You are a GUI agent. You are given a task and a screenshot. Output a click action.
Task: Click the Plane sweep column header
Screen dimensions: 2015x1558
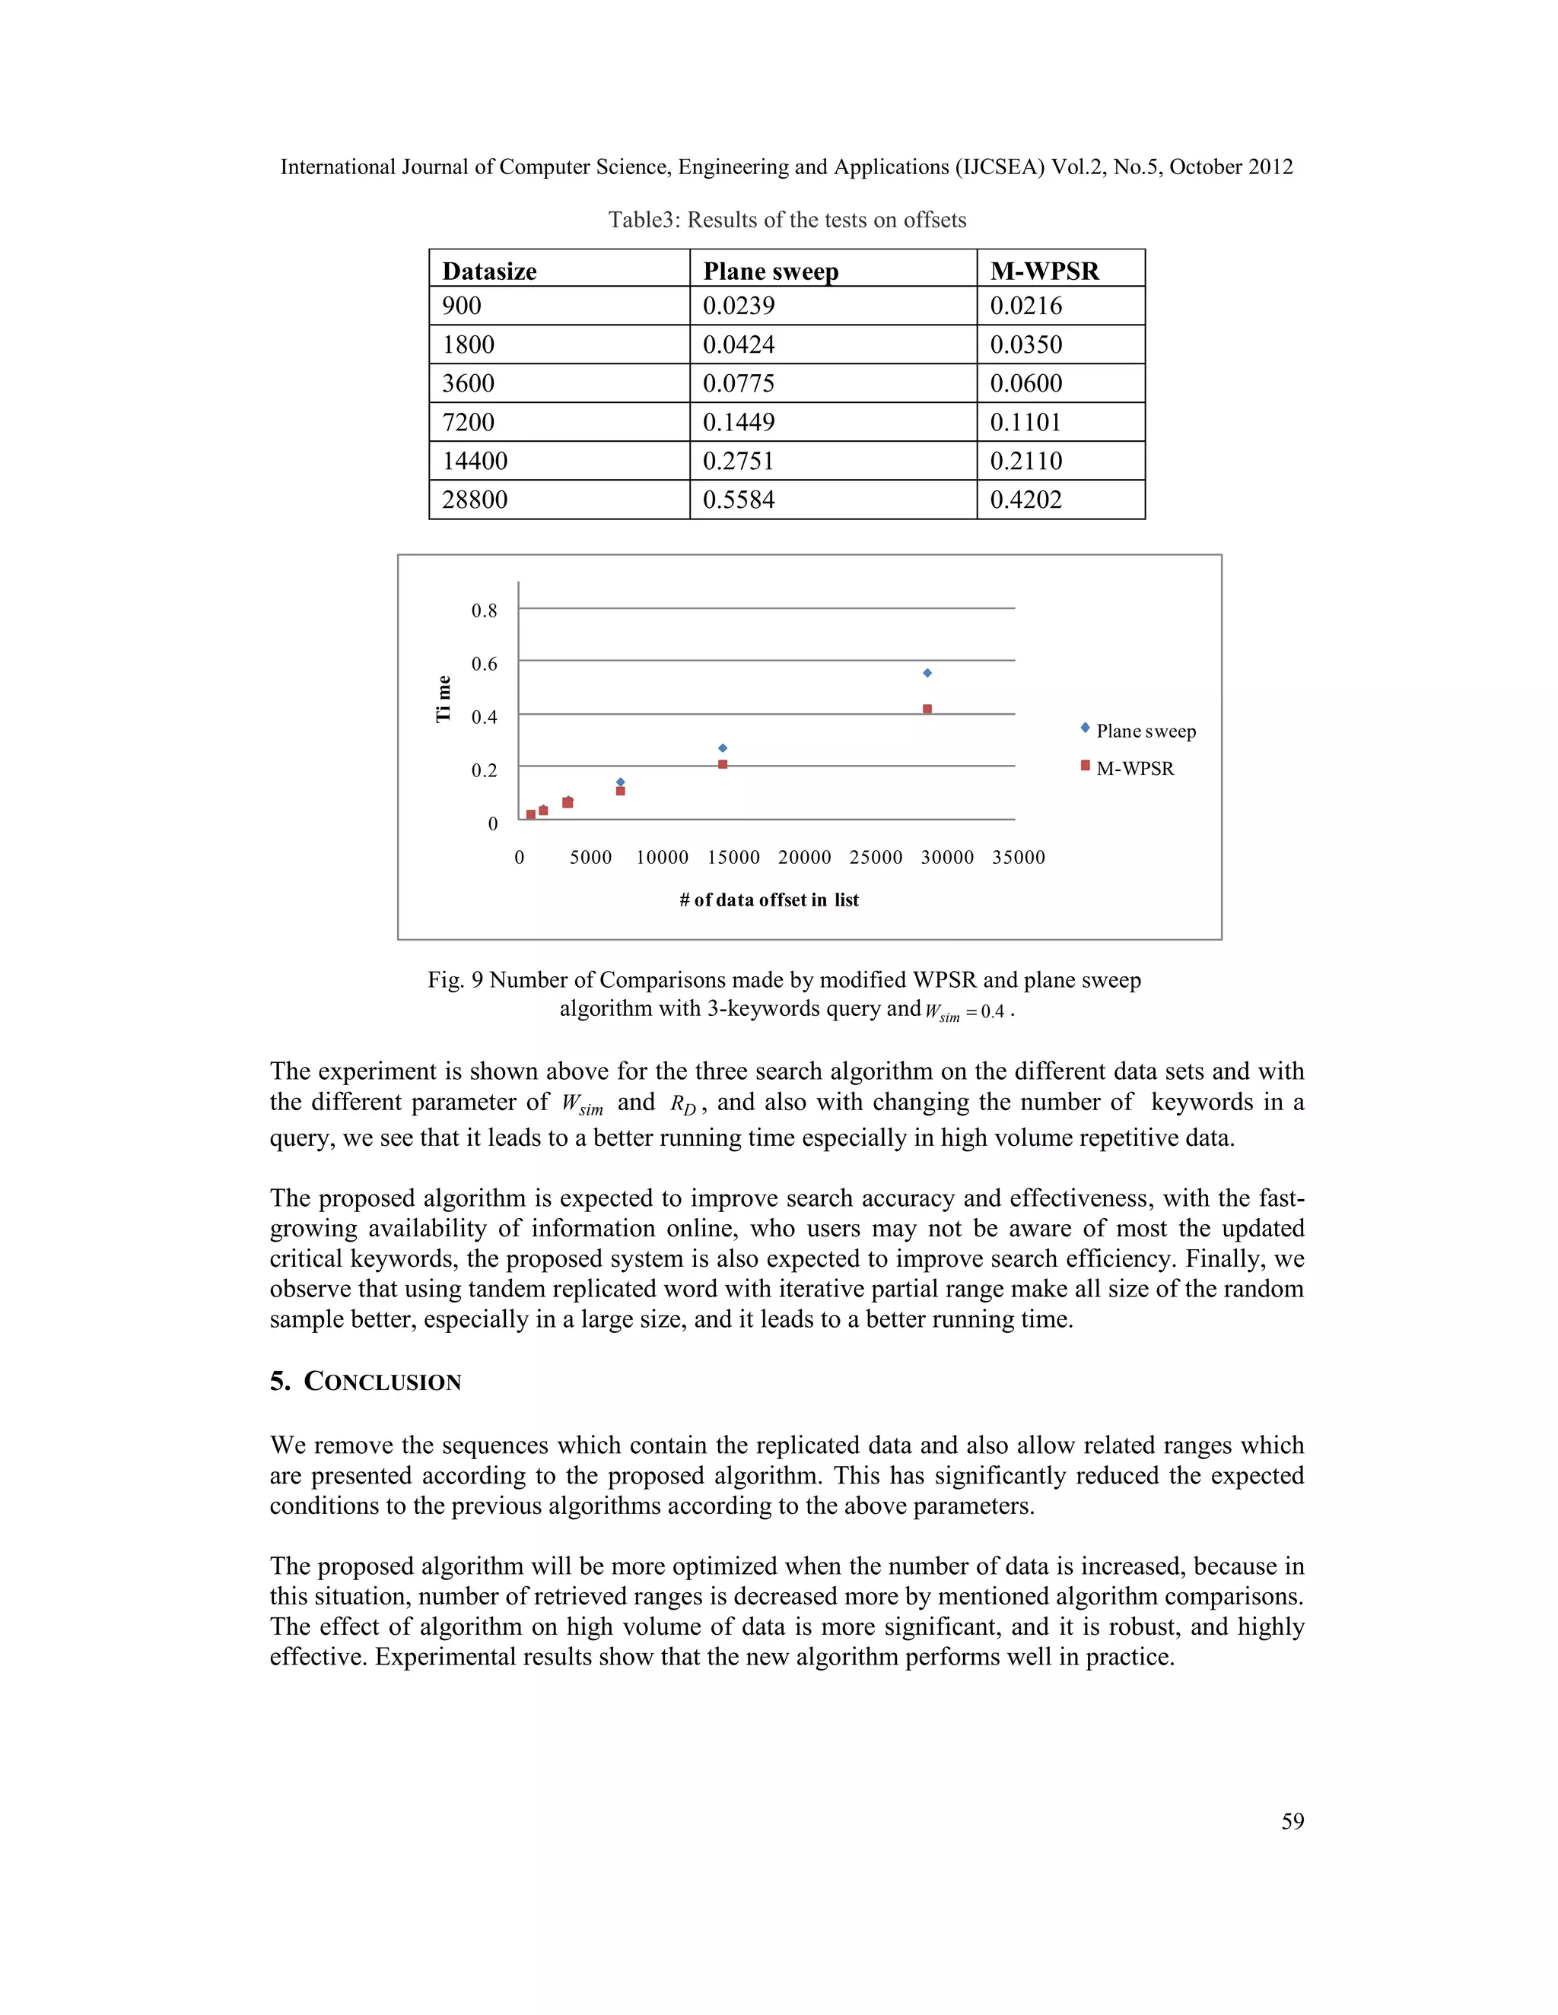771,271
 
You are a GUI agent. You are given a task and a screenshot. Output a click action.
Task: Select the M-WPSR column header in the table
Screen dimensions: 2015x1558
1044,271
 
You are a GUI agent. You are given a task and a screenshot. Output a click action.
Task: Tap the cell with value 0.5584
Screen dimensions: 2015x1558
739,500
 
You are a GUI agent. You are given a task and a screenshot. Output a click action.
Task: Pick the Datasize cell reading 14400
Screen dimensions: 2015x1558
475,462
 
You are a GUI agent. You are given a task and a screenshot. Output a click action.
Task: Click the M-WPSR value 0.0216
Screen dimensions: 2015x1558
1025,306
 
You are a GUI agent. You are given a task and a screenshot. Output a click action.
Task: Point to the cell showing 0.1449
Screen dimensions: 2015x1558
739,423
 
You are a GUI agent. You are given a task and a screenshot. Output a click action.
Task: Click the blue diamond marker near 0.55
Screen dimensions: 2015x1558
927,674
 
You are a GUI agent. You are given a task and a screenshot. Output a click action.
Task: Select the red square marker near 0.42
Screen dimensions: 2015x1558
927,709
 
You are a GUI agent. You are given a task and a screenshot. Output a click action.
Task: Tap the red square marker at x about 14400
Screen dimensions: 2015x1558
723,764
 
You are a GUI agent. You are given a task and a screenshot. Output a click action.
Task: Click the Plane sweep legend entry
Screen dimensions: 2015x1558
1144,731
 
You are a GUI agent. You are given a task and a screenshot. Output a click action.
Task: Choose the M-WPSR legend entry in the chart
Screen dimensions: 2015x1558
1134,769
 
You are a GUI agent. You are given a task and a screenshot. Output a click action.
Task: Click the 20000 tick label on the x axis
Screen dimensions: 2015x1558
804,858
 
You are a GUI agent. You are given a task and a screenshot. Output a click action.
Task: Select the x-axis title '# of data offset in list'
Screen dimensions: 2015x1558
769,900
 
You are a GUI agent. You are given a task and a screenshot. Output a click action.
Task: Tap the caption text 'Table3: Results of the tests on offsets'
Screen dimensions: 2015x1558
787,221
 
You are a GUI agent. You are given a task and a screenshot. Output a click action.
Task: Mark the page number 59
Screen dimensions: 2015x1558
1293,1821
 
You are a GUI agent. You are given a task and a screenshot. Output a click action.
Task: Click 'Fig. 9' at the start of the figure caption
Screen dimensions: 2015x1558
455,980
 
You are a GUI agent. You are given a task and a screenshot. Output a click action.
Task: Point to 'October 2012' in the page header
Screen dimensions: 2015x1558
1230,167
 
